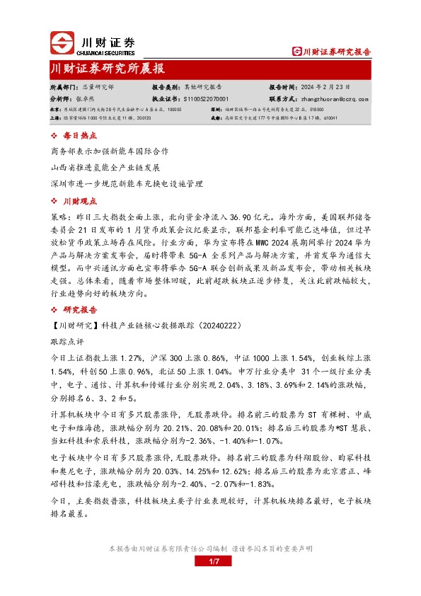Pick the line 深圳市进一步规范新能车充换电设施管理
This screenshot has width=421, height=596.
(127, 183)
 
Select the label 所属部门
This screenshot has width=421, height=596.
(65, 86)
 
